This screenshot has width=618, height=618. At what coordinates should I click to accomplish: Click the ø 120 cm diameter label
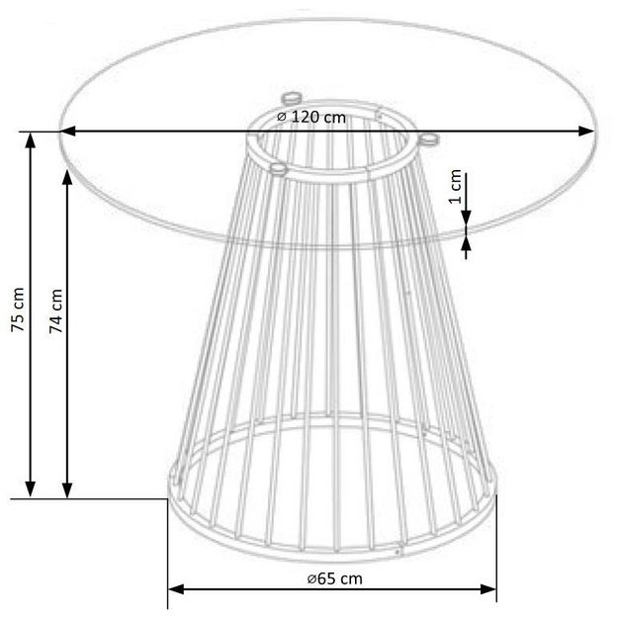[x=310, y=117]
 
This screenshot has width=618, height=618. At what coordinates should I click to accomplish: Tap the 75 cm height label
[x=18, y=309]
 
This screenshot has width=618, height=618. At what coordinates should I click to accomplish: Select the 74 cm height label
[x=56, y=311]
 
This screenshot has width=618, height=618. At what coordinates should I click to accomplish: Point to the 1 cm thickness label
[x=455, y=186]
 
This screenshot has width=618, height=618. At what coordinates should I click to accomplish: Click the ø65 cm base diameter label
[x=334, y=578]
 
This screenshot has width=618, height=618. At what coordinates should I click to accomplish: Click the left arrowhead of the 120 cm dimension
[x=67, y=131]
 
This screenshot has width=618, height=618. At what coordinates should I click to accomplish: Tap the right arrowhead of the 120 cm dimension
[x=585, y=131]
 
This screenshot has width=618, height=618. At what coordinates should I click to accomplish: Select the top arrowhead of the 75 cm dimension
[x=31, y=140]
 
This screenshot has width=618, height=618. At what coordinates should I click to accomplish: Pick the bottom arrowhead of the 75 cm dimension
[x=31, y=489]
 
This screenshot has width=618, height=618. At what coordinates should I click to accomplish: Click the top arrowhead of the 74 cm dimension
[x=67, y=179]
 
